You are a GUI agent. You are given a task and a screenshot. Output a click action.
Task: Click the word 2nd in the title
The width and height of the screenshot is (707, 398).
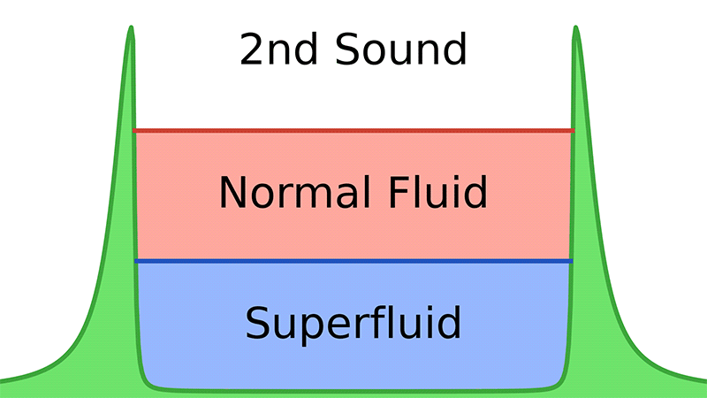[x=280, y=50]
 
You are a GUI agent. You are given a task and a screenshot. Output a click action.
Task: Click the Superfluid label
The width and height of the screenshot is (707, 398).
[x=353, y=323]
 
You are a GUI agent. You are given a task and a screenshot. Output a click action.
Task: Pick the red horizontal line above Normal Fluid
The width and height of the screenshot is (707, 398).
[x=353, y=131]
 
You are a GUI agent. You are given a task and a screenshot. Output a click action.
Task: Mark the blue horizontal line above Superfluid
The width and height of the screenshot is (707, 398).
[x=353, y=262]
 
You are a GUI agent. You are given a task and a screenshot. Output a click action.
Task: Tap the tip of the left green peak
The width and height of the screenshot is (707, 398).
[x=131, y=28]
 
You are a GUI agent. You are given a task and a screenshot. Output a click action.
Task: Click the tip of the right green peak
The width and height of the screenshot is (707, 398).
[x=576, y=28]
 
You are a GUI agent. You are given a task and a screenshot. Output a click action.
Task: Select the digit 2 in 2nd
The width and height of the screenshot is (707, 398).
[x=252, y=50]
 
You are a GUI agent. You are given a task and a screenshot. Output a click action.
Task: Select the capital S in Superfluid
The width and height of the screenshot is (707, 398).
[x=257, y=323]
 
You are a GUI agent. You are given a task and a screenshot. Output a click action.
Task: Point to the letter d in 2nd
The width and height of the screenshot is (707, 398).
[x=309, y=50]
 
